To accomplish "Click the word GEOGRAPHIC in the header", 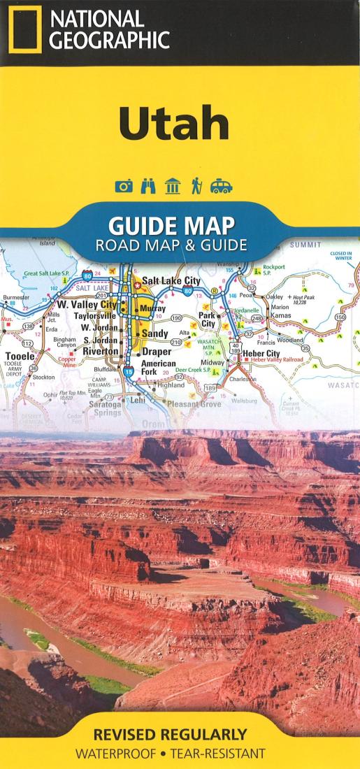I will [109, 40].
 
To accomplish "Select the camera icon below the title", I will [124, 186].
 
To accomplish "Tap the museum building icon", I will [172, 186].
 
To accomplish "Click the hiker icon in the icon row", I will [196, 186].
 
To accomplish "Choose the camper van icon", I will [220, 186].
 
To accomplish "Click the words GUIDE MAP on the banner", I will [171, 227].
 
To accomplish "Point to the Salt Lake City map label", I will [171, 280].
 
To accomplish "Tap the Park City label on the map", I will [208, 319].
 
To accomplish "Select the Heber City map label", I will [261, 354].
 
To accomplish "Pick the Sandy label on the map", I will [154, 334].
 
